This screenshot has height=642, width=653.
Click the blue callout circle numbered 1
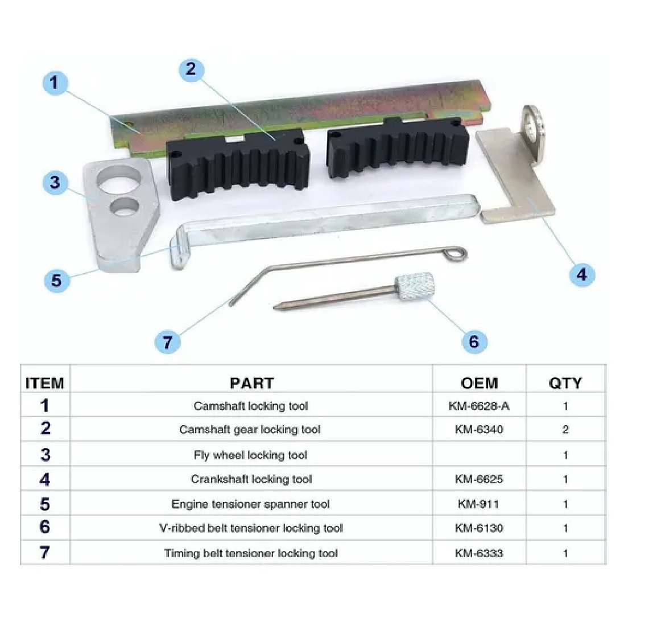pos(55,83)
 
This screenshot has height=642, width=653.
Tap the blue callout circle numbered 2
pos(191,69)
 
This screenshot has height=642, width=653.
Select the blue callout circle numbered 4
pos(581,274)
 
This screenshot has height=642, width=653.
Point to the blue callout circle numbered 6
pos(474,341)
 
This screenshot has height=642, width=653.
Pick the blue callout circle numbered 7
pos(167,342)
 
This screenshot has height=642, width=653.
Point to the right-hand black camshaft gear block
pos(397,149)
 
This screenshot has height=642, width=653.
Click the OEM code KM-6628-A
pos(479,406)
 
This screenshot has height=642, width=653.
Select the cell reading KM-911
pos(479,504)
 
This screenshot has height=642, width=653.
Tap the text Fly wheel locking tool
pos(251,455)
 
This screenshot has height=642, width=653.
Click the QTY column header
pos(565,383)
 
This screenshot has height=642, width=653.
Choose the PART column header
pos(251,383)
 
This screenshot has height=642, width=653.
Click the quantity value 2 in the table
pos(565,430)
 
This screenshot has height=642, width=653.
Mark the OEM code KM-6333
pos(479,553)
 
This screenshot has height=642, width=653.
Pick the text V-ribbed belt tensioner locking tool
pos(251,528)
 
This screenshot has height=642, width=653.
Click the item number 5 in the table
pos(45,504)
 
